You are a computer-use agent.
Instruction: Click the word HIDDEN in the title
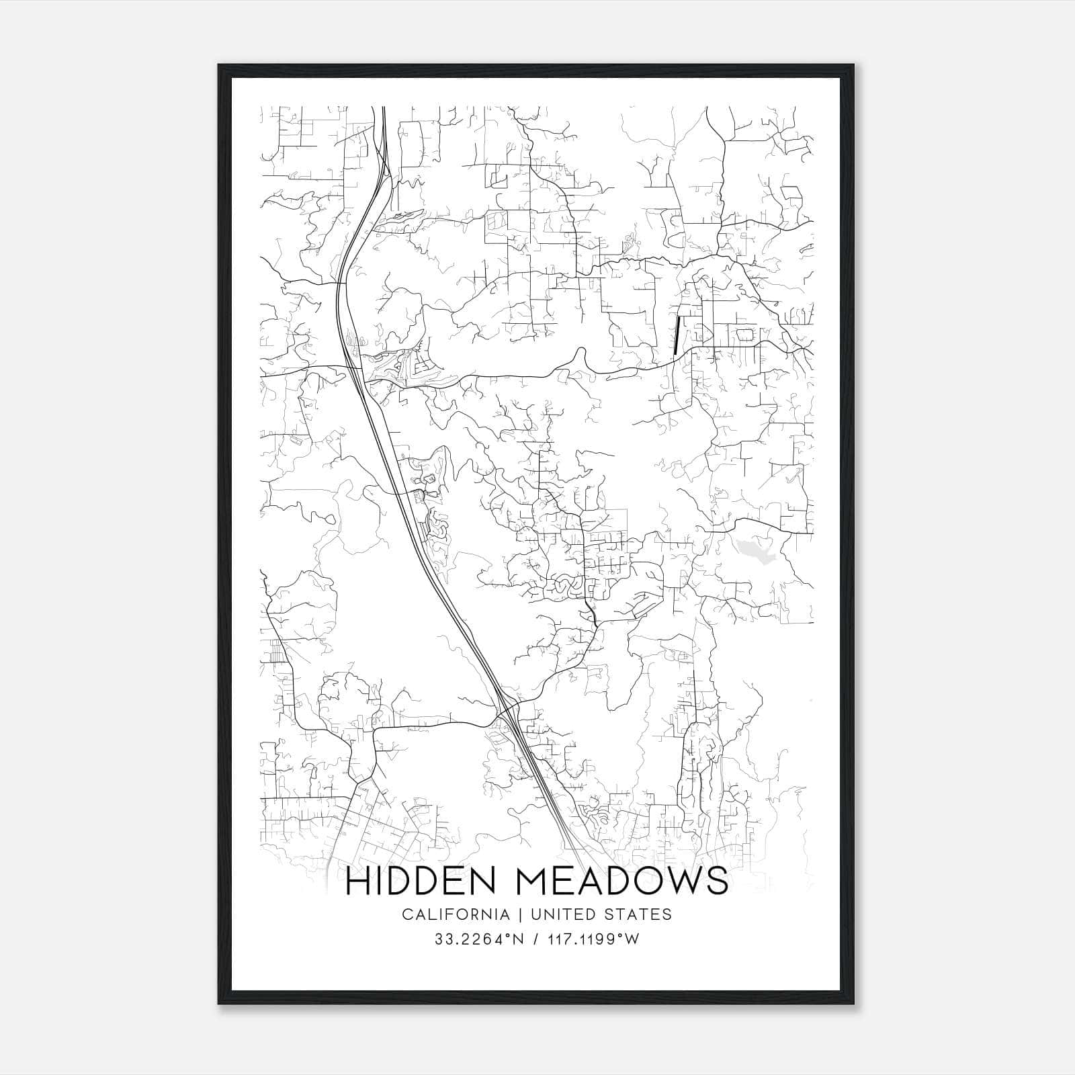[x=422, y=882]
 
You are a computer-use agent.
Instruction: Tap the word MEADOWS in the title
[x=622, y=882]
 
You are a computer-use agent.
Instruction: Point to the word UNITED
[x=562, y=914]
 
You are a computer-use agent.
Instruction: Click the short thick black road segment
[x=676, y=336]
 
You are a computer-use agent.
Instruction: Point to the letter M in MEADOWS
[x=533, y=882]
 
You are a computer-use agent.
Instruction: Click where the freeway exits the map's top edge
[x=384, y=107]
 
